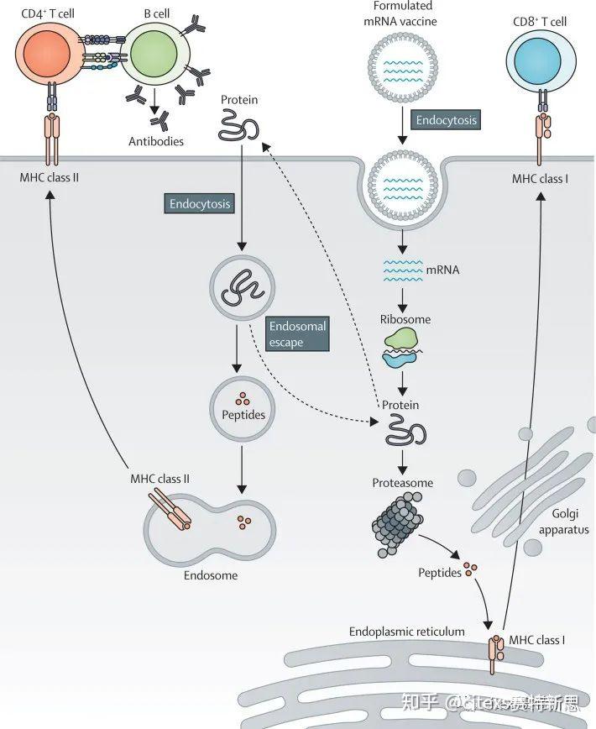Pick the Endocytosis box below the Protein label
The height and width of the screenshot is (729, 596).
[x=199, y=204]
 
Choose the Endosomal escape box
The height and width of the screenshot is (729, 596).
[x=297, y=333]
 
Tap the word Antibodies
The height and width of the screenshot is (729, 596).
[x=156, y=141]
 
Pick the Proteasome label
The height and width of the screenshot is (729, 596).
[x=403, y=483]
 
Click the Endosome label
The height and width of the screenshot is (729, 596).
[x=210, y=575]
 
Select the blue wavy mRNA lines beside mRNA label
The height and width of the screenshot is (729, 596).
[x=402, y=270]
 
